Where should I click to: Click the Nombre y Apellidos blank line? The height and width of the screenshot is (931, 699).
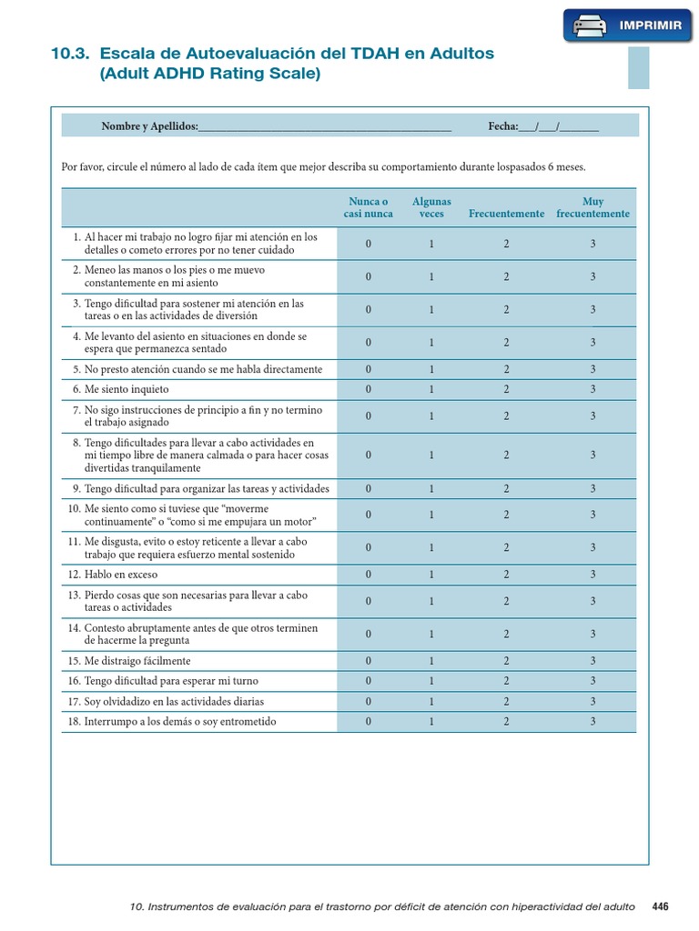click(x=325, y=127)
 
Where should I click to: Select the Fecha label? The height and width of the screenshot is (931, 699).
click(x=502, y=126)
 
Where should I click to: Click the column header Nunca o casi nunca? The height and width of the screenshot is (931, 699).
click(x=369, y=207)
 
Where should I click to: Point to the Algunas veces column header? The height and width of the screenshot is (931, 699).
click(x=431, y=207)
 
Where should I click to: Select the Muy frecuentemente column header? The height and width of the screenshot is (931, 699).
click(x=593, y=207)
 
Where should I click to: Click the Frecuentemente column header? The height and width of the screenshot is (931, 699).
click(x=506, y=214)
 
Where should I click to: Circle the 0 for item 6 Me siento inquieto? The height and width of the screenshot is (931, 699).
click(x=369, y=389)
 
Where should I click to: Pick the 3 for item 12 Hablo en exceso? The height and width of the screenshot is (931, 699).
click(x=593, y=575)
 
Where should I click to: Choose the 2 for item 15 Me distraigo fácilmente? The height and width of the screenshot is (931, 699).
click(x=506, y=661)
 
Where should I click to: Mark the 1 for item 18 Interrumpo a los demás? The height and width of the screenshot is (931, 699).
click(x=431, y=722)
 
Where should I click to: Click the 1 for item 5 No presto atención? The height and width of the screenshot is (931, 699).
click(x=431, y=369)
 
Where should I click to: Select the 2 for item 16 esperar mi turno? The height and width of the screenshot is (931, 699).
click(x=506, y=681)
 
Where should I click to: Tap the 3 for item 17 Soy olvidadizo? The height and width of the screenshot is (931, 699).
click(x=593, y=702)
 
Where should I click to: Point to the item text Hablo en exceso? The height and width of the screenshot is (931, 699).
click(x=122, y=575)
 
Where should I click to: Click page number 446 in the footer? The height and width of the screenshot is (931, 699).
click(x=660, y=906)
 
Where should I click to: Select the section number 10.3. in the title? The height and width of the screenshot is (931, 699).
click(x=71, y=54)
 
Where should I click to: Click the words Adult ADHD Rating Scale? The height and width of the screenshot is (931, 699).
click(x=210, y=75)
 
